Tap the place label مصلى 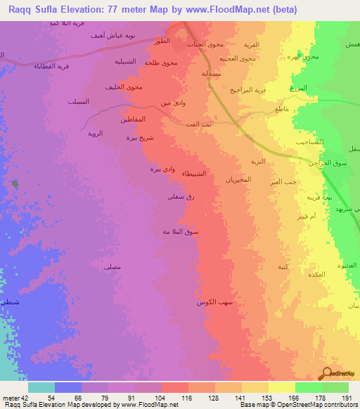tap(112, 266)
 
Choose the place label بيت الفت tap(195, 124)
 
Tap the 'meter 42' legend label tap(13, 397)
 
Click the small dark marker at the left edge tap(15, 184)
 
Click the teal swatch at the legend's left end tap(41, 387)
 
